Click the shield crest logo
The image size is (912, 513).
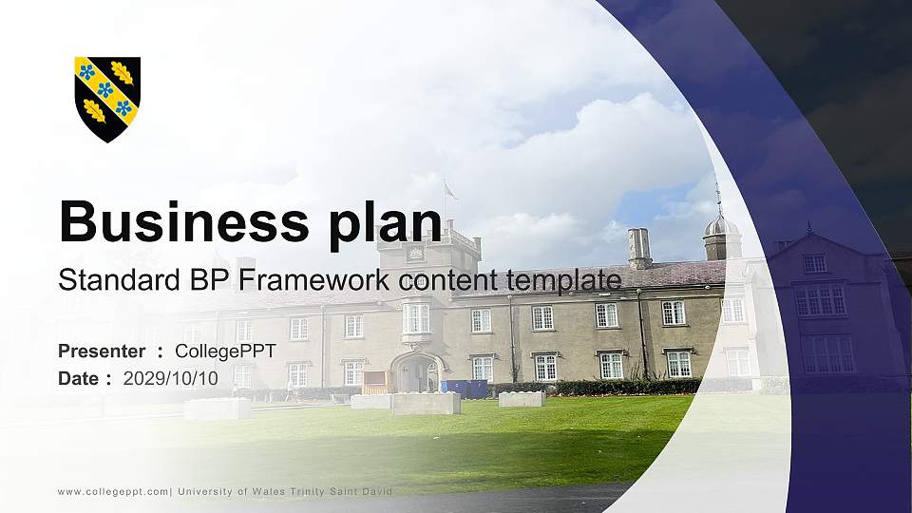(x=107, y=100)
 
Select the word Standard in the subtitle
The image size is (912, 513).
(x=120, y=279)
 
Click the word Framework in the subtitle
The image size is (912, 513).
(x=314, y=279)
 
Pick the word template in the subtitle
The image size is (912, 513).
(x=563, y=280)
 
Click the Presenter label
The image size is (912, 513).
(x=102, y=351)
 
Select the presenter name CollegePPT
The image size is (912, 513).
(x=226, y=351)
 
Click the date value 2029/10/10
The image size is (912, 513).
(x=170, y=379)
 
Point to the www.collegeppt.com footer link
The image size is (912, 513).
(x=113, y=492)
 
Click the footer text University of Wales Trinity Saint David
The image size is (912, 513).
(x=285, y=491)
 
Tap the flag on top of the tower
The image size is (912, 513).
(x=449, y=189)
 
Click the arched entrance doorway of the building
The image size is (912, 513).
(x=416, y=372)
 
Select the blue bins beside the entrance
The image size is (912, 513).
(x=465, y=389)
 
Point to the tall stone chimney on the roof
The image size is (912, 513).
(x=638, y=247)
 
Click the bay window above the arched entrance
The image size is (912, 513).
(x=416, y=318)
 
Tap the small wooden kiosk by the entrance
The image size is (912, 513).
(x=376, y=382)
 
